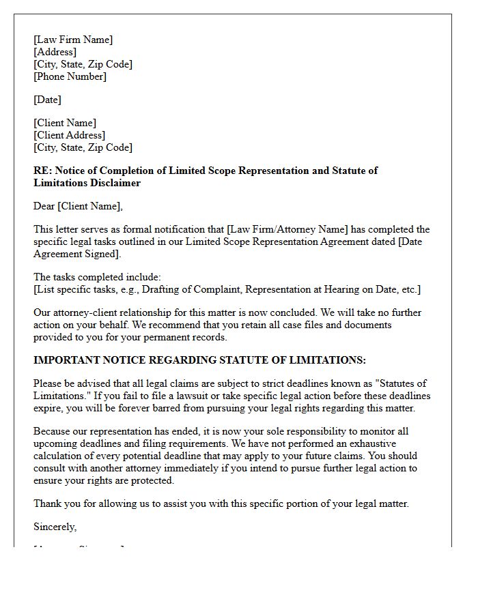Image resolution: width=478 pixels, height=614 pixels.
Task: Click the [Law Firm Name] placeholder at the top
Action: coord(73,40)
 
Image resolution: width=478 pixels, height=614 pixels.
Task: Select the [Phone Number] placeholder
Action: coord(70,76)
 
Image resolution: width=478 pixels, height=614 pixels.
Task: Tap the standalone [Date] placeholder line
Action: coord(47,100)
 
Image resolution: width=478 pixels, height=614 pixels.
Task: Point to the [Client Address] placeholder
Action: coord(69,135)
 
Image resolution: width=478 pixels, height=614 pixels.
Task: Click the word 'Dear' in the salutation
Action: coord(44,206)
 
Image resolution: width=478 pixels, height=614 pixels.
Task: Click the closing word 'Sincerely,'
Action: coord(55,527)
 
